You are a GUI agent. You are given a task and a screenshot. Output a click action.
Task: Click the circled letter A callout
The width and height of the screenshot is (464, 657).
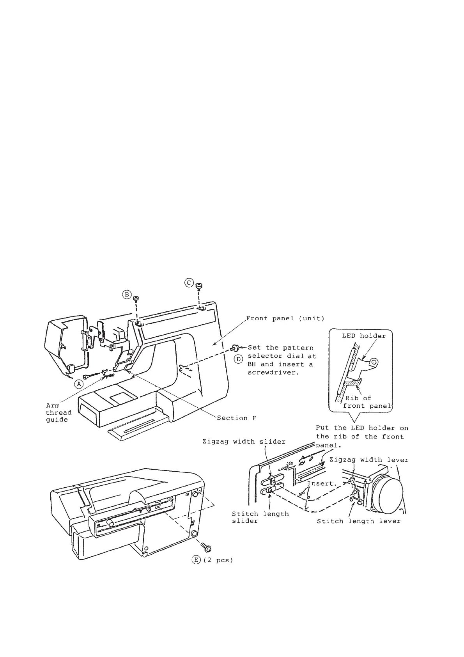click(x=79, y=384)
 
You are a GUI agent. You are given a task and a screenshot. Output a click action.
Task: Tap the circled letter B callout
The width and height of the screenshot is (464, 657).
click(x=127, y=295)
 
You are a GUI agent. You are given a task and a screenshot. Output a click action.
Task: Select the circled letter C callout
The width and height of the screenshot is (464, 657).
click(x=189, y=282)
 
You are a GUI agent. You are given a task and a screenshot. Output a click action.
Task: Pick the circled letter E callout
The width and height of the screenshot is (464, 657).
click(x=195, y=560)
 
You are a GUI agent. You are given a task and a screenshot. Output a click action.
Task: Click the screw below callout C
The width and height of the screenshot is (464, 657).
click(x=199, y=287)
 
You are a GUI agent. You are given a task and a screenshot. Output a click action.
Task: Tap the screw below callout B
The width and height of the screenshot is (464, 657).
click(x=136, y=299)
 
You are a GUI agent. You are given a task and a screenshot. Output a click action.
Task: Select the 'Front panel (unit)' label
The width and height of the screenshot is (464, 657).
click(x=285, y=318)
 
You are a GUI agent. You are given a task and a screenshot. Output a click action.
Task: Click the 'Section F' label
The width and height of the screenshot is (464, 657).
click(x=237, y=418)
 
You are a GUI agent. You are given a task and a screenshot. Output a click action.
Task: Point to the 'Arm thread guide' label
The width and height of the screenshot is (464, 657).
click(x=58, y=413)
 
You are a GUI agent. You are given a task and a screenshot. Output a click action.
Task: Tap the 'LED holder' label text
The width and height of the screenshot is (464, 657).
click(x=361, y=336)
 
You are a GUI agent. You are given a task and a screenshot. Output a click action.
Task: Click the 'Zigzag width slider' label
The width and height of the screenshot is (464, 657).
click(x=244, y=442)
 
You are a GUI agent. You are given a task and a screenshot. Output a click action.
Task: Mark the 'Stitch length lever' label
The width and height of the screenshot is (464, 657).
click(x=358, y=521)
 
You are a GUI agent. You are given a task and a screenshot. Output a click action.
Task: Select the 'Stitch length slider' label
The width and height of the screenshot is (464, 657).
click(x=260, y=517)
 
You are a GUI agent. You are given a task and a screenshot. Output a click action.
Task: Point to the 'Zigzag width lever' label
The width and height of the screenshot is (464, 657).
click(x=368, y=460)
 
